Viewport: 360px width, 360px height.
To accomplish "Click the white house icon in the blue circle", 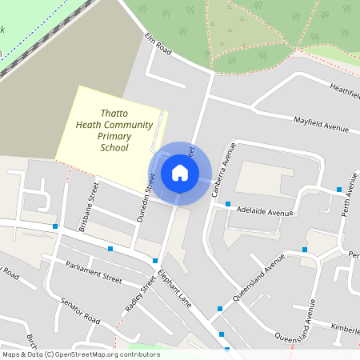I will coord(180,172).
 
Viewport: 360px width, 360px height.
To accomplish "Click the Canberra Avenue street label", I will coord(222,170).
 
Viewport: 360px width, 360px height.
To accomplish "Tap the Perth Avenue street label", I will coord(350,190).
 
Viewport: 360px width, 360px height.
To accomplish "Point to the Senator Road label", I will coord(80,311).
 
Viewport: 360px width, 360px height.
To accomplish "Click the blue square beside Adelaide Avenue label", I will coord(229,204).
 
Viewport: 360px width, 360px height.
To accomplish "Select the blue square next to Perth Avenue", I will coord(339,190).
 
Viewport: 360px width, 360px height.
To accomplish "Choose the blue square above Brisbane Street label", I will coord(55,226).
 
